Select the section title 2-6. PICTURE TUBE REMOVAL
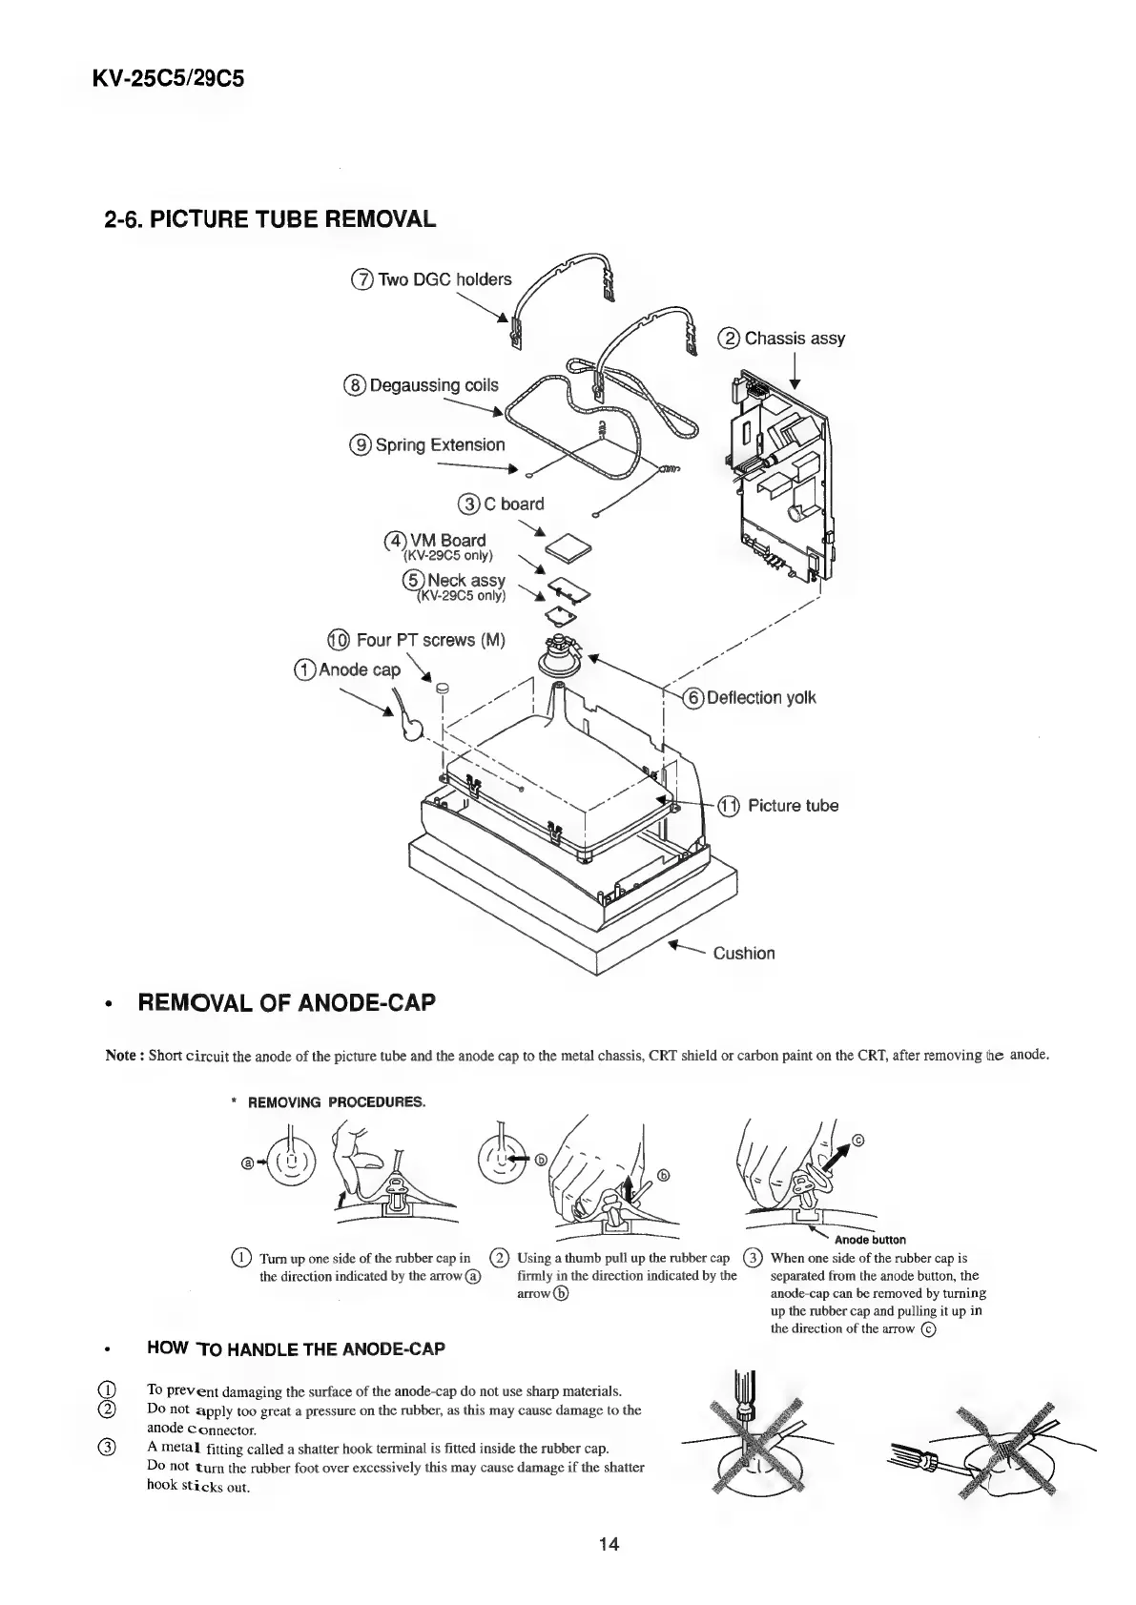click(270, 219)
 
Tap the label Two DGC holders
click(444, 279)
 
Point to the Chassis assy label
click(794, 339)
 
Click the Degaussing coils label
click(433, 385)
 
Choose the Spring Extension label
click(439, 445)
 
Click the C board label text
click(511, 504)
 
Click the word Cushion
click(744, 953)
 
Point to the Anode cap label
click(359, 669)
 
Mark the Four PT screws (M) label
click(428, 640)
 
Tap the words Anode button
click(870, 1241)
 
